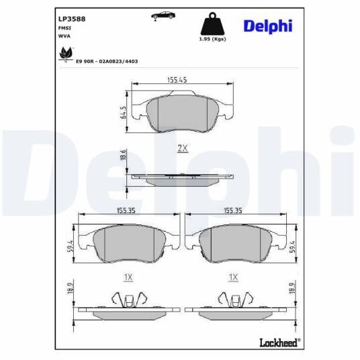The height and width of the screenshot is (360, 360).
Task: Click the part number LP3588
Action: pyautogui.click(x=72, y=19)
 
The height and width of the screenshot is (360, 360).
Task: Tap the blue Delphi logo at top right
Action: pyautogui.click(x=268, y=26)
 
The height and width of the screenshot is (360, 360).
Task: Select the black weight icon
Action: pyautogui.click(x=212, y=24)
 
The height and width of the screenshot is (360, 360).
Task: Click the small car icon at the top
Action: pyautogui.click(x=163, y=15)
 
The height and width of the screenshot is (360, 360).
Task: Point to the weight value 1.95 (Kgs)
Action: pyautogui.click(x=212, y=39)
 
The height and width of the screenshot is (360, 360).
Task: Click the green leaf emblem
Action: pyautogui.click(x=66, y=54)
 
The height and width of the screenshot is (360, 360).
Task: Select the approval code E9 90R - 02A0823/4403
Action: pyautogui.click(x=107, y=62)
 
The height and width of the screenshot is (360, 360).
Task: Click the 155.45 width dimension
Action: pyautogui.click(x=177, y=80)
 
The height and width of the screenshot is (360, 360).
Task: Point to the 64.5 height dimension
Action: pyautogui.click(x=123, y=112)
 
